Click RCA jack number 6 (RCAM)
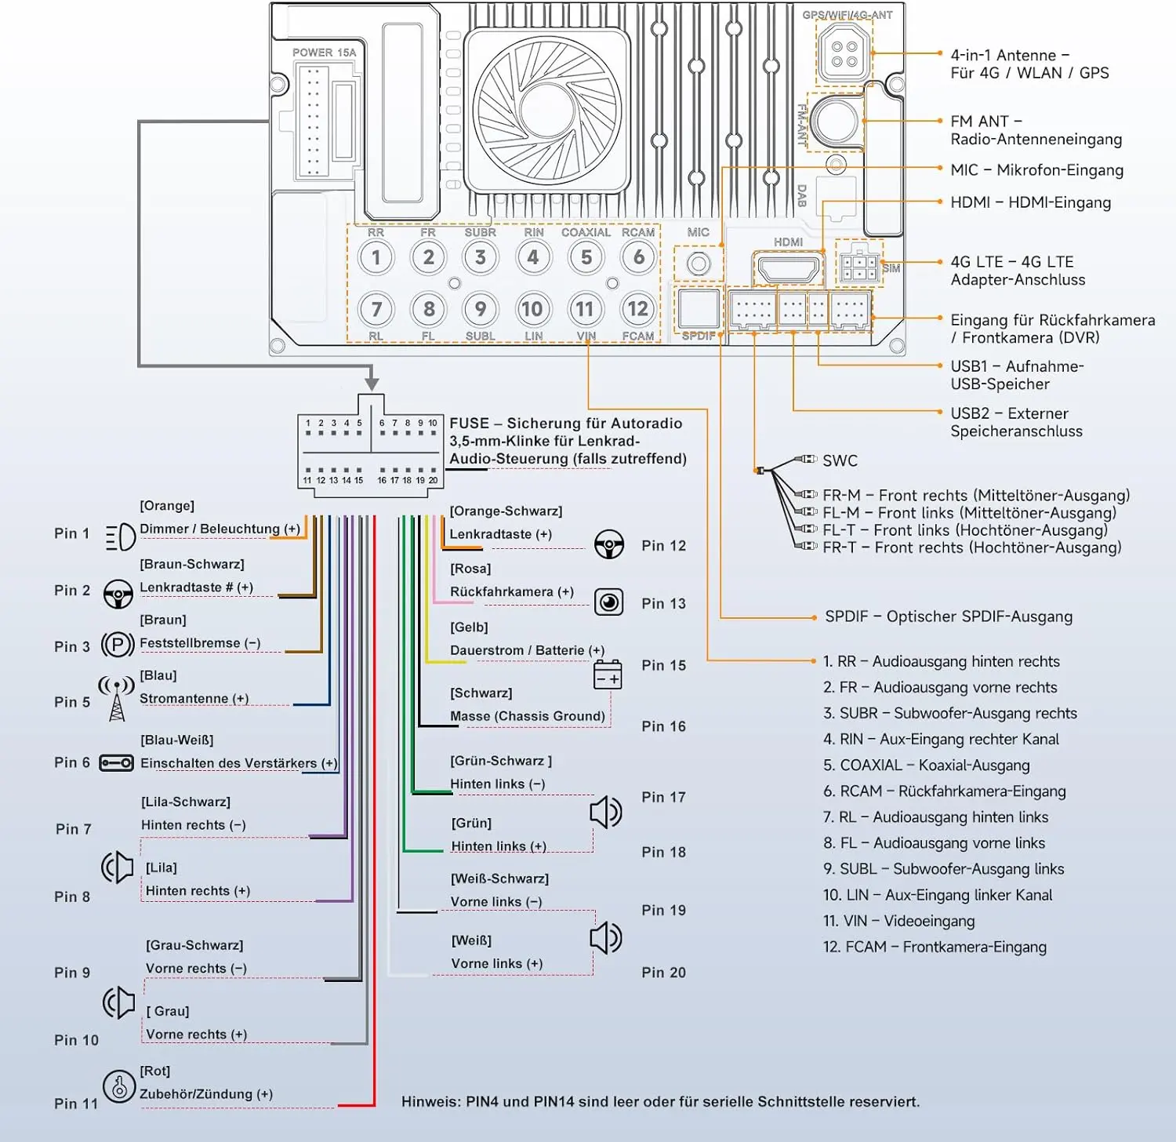click(639, 257)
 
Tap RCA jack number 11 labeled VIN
click(585, 309)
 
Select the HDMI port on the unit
click(788, 269)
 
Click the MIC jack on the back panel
click(698, 264)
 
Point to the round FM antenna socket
click(836, 121)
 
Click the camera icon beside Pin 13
click(608, 602)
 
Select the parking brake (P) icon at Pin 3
click(118, 646)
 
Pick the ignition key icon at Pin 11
click(119, 1087)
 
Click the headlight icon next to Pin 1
click(120, 537)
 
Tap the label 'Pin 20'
click(663, 973)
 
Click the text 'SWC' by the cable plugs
click(840, 460)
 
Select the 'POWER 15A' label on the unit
click(324, 53)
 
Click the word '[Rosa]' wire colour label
click(470, 569)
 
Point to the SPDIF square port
click(699, 308)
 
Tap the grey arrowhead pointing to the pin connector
click(372, 384)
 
